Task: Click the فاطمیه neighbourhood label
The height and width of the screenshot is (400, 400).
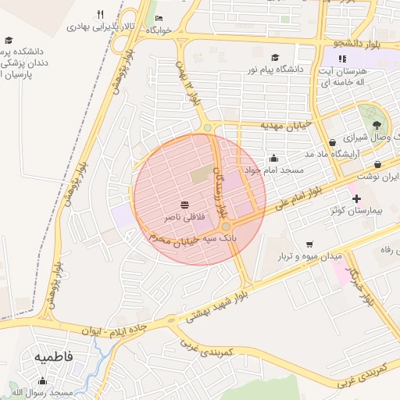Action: coord(54,355)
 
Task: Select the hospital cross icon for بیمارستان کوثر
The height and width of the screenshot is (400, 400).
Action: coord(357,198)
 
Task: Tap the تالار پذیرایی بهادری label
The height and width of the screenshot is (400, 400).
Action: coord(101,26)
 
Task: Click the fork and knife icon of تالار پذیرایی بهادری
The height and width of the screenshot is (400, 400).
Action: coord(100,14)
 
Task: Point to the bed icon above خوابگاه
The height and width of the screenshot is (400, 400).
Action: coord(159,19)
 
